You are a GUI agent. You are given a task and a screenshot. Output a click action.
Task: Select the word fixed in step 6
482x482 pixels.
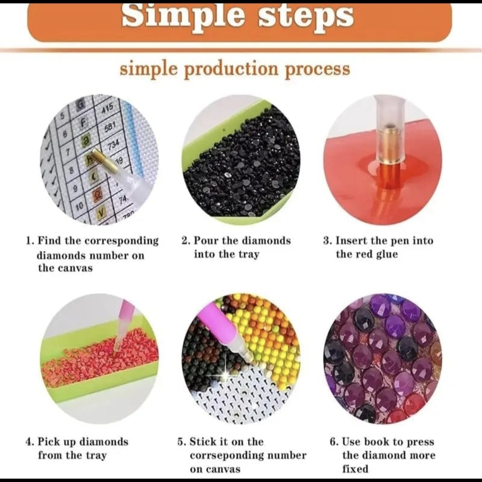point(355,469)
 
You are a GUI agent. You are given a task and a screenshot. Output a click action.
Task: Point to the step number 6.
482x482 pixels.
point(334,442)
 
